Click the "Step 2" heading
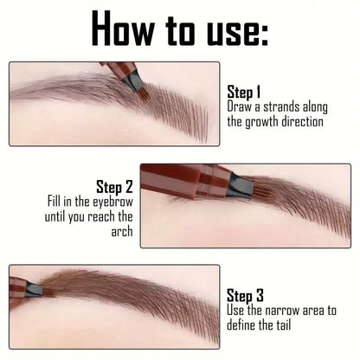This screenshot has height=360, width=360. [x=114, y=186]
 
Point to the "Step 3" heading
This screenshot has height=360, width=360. [x=247, y=293]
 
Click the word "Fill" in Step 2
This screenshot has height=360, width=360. [x=57, y=201]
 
